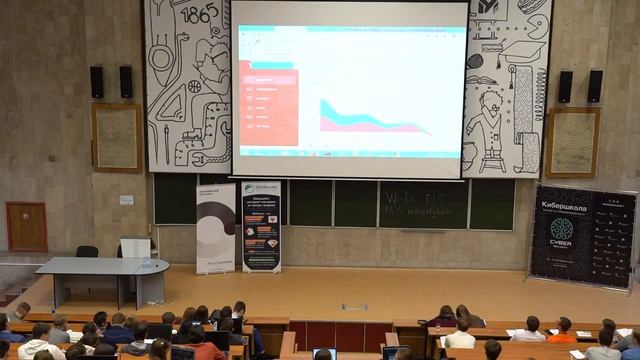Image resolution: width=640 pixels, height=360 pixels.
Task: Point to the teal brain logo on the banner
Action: tap(563, 229)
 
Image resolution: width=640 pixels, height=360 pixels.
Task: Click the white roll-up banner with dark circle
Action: tap(215, 227)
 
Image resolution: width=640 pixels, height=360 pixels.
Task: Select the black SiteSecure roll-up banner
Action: tap(261, 227)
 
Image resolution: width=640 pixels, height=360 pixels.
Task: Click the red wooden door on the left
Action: tap(26, 226)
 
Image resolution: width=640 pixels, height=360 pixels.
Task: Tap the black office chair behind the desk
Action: tap(88, 252)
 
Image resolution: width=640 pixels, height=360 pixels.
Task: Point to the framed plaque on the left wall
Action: tap(117, 137)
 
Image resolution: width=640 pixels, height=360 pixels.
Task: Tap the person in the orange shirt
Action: tap(563, 331)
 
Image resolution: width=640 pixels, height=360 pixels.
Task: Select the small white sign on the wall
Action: tap(126, 200)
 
